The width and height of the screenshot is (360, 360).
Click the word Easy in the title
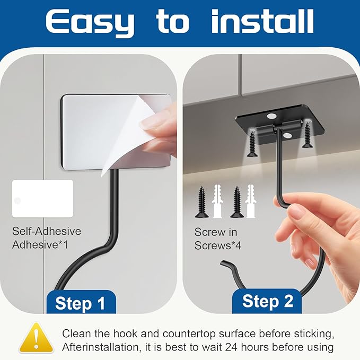(x=90, y=23)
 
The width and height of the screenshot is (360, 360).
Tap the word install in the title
(x=262, y=21)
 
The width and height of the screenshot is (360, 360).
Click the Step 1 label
(x=80, y=303)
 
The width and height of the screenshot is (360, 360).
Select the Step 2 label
(x=268, y=301)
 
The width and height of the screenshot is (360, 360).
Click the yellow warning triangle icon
(x=36, y=338)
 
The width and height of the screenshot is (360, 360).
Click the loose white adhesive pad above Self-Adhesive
(x=42, y=199)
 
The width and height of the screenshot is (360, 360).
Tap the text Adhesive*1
(x=40, y=244)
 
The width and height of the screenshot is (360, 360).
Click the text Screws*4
(x=218, y=245)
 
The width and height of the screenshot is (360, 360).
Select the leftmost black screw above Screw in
(x=201, y=202)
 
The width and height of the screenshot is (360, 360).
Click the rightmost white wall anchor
(x=250, y=201)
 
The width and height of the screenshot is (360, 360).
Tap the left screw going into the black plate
(x=252, y=144)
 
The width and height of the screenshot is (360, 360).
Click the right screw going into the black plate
(x=307, y=135)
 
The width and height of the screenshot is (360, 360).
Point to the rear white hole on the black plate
(x=272, y=116)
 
